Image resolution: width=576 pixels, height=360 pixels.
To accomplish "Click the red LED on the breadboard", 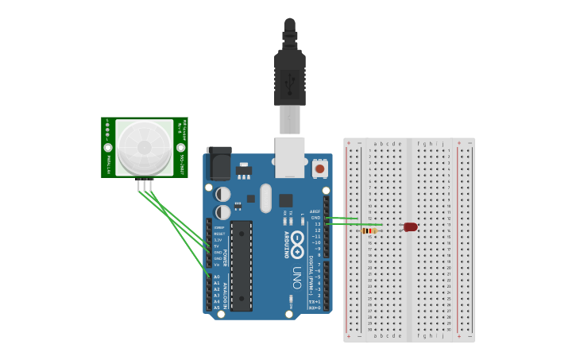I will (x=410, y=227).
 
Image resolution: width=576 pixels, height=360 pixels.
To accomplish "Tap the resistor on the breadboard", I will (x=369, y=231).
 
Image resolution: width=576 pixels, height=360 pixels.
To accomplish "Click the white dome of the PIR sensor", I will (x=144, y=147).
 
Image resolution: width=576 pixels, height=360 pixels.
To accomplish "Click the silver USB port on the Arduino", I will (x=289, y=157).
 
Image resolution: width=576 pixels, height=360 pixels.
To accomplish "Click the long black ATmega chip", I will (x=242, y=265).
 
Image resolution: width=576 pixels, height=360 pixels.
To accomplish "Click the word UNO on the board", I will (x=296, y=277).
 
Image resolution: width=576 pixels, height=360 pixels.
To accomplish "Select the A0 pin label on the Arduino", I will (x=216, y=277).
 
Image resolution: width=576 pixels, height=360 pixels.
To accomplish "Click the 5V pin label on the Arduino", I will (x=216, y=246).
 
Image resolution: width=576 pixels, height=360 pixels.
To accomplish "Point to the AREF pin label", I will (x=315, y=211).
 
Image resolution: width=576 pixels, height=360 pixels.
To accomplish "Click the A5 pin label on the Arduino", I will (x=216, y=308).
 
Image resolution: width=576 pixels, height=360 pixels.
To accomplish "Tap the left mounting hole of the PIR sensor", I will (x=108, y=148).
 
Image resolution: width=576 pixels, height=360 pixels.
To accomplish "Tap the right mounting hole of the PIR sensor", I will (x=180, y=148).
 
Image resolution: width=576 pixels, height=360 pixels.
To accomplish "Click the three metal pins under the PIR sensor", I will (x=145, y=186).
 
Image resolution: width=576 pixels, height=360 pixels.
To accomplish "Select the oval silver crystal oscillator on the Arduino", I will (x=265, y=198).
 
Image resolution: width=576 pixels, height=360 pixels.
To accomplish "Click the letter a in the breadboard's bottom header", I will (x=375, y=336).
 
